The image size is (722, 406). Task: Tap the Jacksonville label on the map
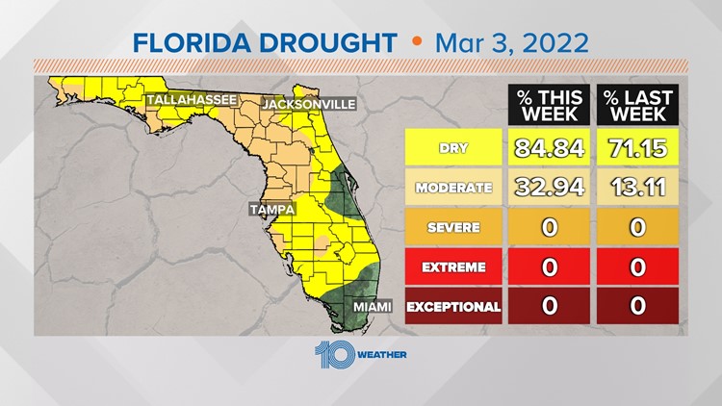pyautogui.click(x=310, y=103)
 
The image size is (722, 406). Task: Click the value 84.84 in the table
pyautogui.click(x=549, y=149)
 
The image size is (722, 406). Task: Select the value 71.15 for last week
pyautogui.click(x=637, y=149)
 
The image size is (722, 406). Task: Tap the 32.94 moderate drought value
pyautogui.click(x=549, y=189)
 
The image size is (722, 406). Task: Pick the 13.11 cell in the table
pyautogui.click(x=637, y=189)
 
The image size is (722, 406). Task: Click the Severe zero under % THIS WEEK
pyautogui.click(x=549, y=228)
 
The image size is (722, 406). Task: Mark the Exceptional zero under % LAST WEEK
pyautogui.click(x=637, y=308)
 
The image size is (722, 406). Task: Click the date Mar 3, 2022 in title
pyautogui.click(x=512, y=42)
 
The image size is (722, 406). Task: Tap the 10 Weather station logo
pyautogui.click(x=360, y=354)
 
